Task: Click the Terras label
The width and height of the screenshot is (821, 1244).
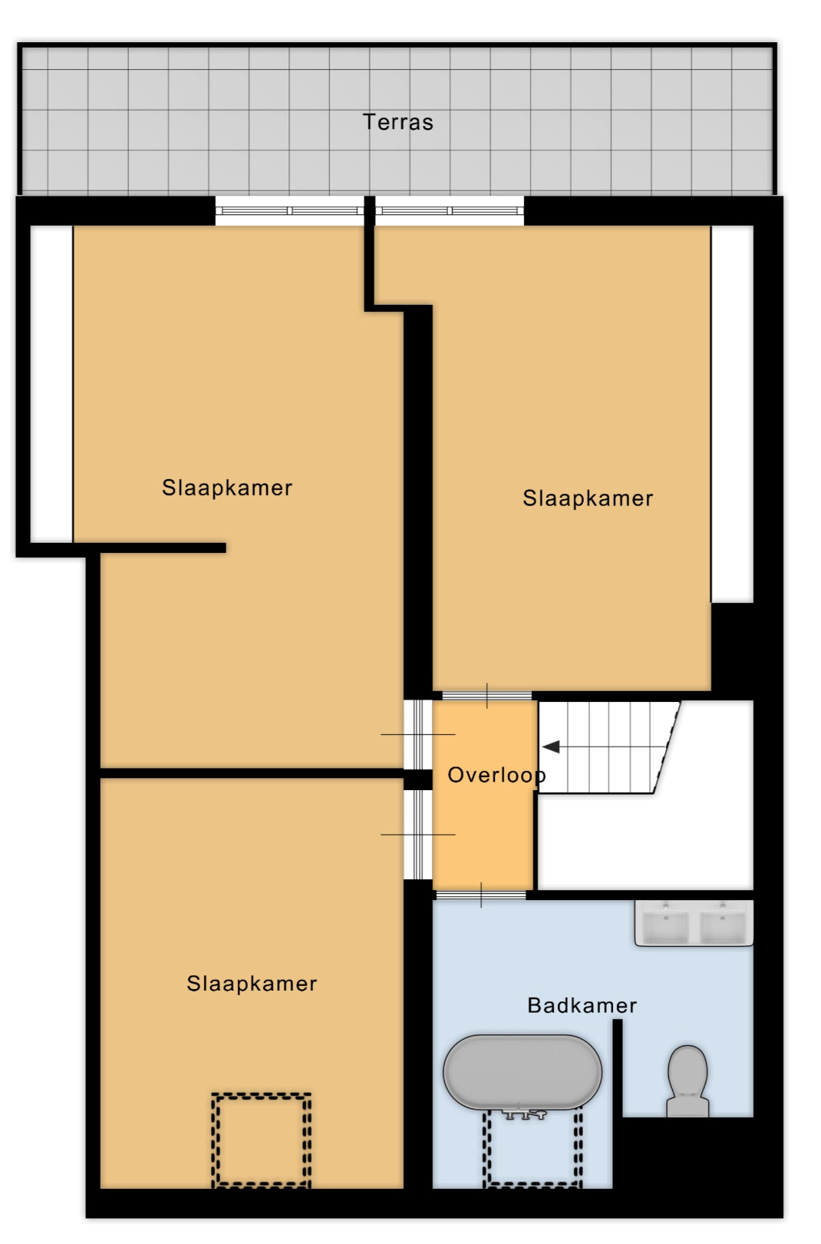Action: [x=397, y=122]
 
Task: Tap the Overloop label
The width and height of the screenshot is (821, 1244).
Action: [x=496, y=776]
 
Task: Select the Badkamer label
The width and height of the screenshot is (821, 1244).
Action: [x=582, y=1005]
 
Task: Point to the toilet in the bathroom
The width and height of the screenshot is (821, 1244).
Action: [x=687, y=1080]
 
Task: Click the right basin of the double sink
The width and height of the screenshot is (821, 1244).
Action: [x=722, y=925]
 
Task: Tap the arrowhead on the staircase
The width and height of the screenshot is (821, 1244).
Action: [x=551, y=747]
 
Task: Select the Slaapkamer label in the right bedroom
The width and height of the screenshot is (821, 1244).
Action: [x=588, y=498]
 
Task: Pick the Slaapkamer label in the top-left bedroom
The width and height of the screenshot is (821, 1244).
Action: [x=227, y=488]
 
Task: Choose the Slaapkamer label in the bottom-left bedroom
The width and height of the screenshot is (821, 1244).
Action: [x=252, y=984]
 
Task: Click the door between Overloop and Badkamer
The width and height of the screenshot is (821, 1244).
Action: [x=481, y=895]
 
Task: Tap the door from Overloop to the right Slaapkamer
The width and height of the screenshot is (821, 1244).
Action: [x=486, y=696]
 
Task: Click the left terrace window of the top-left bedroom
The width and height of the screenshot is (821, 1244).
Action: [x=289, y=210]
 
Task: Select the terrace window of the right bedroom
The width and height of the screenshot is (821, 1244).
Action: [x=450, y=210]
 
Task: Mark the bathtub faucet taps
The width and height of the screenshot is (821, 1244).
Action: [x=524, y=1113]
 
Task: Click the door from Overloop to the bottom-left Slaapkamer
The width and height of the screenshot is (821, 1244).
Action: [x=417, y=834]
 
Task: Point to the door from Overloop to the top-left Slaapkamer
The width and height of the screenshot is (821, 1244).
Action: [x=417, y=734]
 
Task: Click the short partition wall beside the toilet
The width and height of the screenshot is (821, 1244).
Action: [x=618, y=1068]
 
